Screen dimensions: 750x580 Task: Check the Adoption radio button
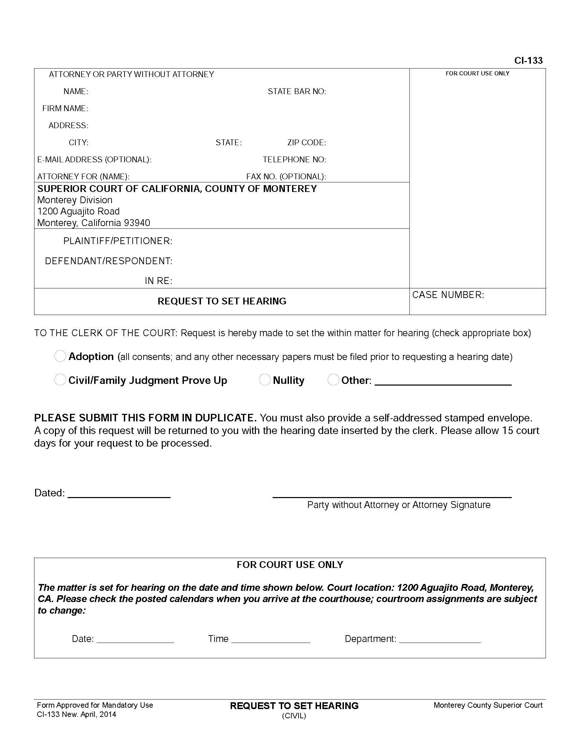(60, 356)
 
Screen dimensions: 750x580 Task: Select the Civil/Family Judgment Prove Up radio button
(60, 380)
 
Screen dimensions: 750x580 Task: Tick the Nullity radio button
(264, 380)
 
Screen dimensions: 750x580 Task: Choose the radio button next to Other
(333, 380)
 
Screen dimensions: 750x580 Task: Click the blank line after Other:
(443, 382)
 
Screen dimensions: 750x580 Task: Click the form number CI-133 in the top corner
(528, 61)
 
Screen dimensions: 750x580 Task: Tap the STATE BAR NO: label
(297, 91)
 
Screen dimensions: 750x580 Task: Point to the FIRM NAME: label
(65, 108)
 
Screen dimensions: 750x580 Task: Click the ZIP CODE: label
(306, 142)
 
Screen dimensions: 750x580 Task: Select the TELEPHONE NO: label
(294, 160)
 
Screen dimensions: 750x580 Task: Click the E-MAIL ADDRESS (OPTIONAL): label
(94, 160)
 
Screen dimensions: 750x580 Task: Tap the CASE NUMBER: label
(448, 295)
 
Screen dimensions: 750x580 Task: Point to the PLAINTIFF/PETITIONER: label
(118, 241)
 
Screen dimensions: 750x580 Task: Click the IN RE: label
(158, 281)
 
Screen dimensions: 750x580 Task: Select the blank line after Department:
(440, 639)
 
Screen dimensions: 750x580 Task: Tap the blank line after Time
(271, 639)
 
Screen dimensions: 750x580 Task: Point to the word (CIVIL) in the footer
(294, 716)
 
